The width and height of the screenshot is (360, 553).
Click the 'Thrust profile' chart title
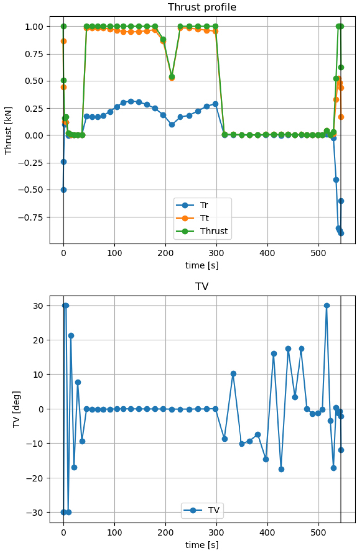pyautogui.click(x=202, y=7)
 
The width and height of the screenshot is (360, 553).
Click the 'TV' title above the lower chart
pyautogui.click(x=202, y=287)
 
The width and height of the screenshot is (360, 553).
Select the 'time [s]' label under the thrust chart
pyautogui.click(x=202, y=265)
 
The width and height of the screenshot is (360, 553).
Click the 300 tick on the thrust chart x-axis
pyautogui.click(x=217, y=252)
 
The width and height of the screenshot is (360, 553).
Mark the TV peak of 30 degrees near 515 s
pyautogui.click(x=327, y=306)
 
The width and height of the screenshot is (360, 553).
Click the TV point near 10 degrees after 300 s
pyautogui.click(x=233, y=374)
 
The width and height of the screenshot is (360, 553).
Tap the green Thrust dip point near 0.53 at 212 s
pyautogui.click(x=172, y=77)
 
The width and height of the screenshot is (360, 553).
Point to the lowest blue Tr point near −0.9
pyautogui.click(x=341, y=233)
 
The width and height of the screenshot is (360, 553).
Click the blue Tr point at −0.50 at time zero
pyautogui.click(x=63, y=190)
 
